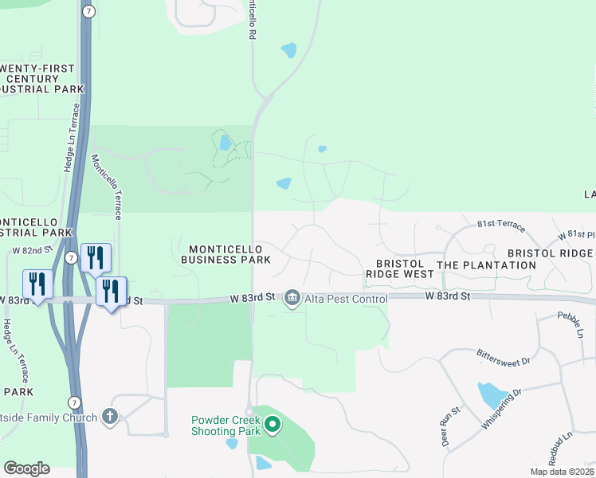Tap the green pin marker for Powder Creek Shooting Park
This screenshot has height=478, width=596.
pyautogui.click(x=273, y=424)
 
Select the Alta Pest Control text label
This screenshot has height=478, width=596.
pyautogui.click(x=345, y=299)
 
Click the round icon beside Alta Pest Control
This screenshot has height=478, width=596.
pyautogui.click(x=292, y=298)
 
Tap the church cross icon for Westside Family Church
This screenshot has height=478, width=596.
pyautogui.click(x=110, y=417)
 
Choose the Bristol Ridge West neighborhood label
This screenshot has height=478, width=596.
pyautogui.click(x=399, y=268)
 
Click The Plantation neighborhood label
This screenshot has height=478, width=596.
pyautogui.click(x=487, y=264)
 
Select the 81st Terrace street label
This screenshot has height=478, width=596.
pyautogui.click(x=501, y=227)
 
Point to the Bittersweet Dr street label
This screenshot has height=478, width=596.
pyautogui.click(x=503, y=356)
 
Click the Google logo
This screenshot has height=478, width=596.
pyautogui.click(x=26, y=468)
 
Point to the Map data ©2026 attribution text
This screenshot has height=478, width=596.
pyautogui.click(x=563, y=472)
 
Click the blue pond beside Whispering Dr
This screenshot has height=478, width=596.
pyautogui.click(x=491, y=394)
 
